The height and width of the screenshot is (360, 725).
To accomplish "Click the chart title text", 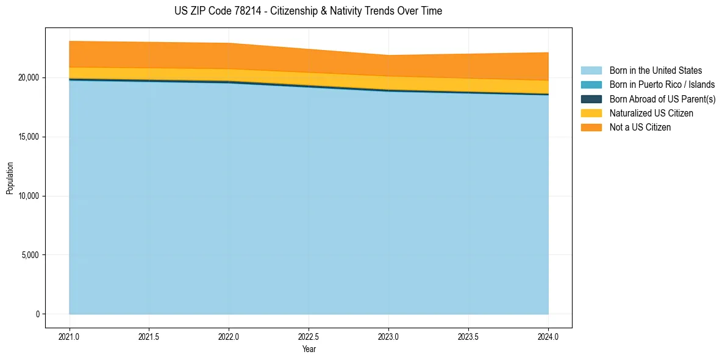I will click(x=308, y=11).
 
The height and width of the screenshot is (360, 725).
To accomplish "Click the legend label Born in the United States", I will click(x=655, y=71).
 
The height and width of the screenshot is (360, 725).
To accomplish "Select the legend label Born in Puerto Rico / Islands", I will click(x=662, y=85).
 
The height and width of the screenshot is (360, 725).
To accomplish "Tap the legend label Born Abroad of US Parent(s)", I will click(x=662, y=99).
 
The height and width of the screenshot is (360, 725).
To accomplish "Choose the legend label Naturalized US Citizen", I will click(x=651, y=113).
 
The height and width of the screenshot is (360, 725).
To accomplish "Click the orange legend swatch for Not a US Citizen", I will click(x=591, y=128).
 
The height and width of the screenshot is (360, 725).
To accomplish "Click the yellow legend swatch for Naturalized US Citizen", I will click(x=591, y=113).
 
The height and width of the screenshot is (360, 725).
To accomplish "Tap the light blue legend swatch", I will click(x=591, y=71).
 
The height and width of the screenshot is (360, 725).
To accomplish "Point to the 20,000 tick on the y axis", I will click(x=28, y=78).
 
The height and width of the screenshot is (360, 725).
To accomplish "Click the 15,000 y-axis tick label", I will click(x=28, y=137).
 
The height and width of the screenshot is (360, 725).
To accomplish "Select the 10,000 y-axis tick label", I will click(x=28, y=196).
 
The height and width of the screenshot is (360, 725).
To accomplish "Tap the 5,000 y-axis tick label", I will click(x=30, y=255).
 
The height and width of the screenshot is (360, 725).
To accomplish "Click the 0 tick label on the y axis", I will click(x=37, y=314).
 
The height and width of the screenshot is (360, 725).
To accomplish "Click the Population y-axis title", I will click(x=10, y=178).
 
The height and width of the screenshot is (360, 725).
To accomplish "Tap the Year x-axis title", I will click(x=309, y=350).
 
